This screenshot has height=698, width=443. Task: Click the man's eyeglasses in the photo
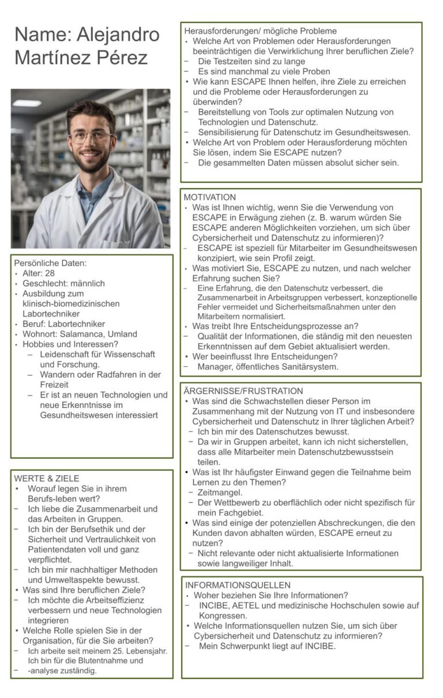point(91,137)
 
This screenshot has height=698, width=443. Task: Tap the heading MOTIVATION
point(210,197)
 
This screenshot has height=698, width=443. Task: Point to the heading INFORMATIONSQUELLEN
point(238,585)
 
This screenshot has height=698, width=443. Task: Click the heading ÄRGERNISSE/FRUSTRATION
point(243,391)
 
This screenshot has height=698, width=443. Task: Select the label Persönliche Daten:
point(50,263)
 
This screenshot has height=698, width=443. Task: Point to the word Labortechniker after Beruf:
point(74,324)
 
